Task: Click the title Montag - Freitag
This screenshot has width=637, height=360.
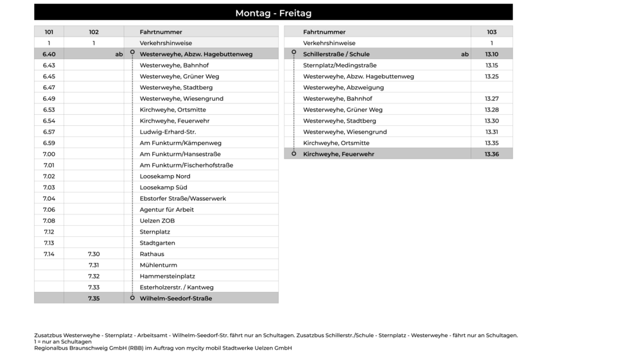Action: click(x=273, y=13)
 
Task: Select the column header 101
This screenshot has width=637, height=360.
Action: click(x=49, y=32)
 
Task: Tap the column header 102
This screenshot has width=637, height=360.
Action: click(x=94, y=32)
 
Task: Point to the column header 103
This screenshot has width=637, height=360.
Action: click(x=491, y=32)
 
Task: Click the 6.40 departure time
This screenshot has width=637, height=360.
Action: click(x=49, y=55)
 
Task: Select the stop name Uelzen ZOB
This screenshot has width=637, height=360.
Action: click(x=157, y=221)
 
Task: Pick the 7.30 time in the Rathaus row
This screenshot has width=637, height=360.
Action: click(x=94, y=254)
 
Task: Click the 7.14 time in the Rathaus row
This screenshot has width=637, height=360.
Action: click(x=49, y=254)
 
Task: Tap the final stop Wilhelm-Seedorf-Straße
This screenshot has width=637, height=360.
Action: click(x=175, y=298)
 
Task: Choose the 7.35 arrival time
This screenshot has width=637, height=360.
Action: click(x=94, y=298)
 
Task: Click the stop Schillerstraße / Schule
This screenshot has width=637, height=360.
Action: click(x=336, y=55)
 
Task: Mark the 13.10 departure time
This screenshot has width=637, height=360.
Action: click(x=491, y=55)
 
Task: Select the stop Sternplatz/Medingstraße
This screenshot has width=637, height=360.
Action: click(x=340, y=65)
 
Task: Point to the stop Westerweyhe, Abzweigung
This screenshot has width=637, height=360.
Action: click(x=343, y=88)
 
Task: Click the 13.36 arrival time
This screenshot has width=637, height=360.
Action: click(x=491, y=155)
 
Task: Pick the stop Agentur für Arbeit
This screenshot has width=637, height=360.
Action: click(x=166, y=210)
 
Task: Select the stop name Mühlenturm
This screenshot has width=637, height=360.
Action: click(x=158, y=265)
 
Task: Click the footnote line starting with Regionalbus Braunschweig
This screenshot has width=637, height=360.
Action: click(x=162, y=348)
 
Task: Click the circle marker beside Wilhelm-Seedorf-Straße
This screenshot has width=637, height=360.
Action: click(x=132, y=298)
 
